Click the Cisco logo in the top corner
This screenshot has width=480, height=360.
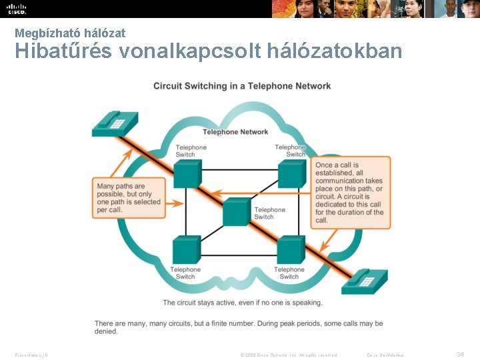click(x=17, y=9)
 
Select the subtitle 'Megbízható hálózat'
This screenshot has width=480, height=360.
click(x=70, y=33)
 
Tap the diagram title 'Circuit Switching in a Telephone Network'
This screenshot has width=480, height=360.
click(x=242, y=86)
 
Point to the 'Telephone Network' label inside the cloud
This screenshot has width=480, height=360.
click(x=235, y=132)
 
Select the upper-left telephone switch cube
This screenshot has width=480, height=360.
click(x=187, y=173)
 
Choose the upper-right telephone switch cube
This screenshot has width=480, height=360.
click(x=291, y=173)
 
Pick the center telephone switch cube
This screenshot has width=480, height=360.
click(x=236, y=211)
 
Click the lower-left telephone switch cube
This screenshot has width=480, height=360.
click(x=186, y=249)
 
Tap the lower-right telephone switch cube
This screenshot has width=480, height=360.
click(x=290, y=249)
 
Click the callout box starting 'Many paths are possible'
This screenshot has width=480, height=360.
click(x=129, y=198)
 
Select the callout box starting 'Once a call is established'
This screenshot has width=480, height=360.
click(x=349, y=193)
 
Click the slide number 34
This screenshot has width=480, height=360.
click(x=459, y=354)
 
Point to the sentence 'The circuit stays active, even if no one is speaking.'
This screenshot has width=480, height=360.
click(x=243, y=303)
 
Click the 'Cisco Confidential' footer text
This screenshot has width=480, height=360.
click(x=385, y=355)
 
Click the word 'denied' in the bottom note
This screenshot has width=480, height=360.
click(x=106, y=331)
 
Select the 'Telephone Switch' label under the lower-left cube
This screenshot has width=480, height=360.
click(x=185, y=273)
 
